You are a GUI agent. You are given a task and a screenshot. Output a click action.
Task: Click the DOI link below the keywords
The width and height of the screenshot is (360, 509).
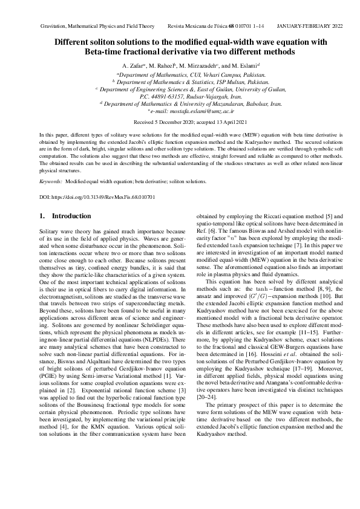click(97, 197)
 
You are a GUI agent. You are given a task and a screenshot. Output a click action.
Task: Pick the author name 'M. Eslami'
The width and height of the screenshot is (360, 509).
click(245, 65)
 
